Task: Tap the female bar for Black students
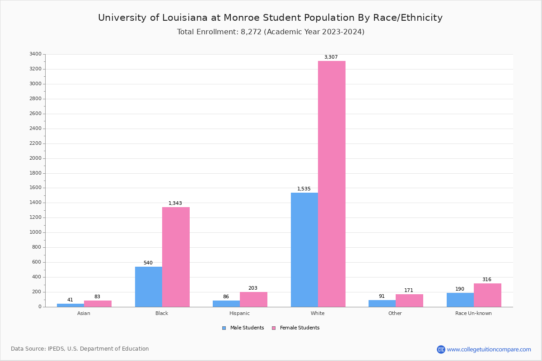coord(176,257)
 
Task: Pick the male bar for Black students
coord(149,287)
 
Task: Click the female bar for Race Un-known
coord(487,295)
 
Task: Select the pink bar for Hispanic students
coord(253,299)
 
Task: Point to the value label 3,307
coord(331,57)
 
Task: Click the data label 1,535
coord(304,189)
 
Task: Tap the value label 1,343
coord(175,204)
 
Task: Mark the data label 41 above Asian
coord(70,300)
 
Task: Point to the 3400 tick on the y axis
coord(35,54)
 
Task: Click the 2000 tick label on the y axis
coord(35,158)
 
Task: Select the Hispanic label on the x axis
coord(239,313)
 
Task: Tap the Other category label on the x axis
coord(395,313)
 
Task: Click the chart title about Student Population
coord(270,18)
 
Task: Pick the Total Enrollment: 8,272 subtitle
coord(271,32)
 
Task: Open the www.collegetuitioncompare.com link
coord(489,349)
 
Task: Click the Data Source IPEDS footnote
coord(80,349)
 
